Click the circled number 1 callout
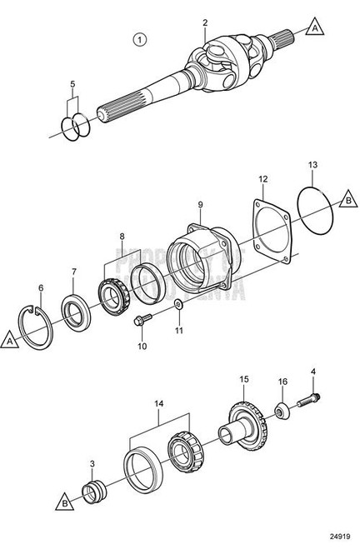139,38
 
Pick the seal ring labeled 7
77,304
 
